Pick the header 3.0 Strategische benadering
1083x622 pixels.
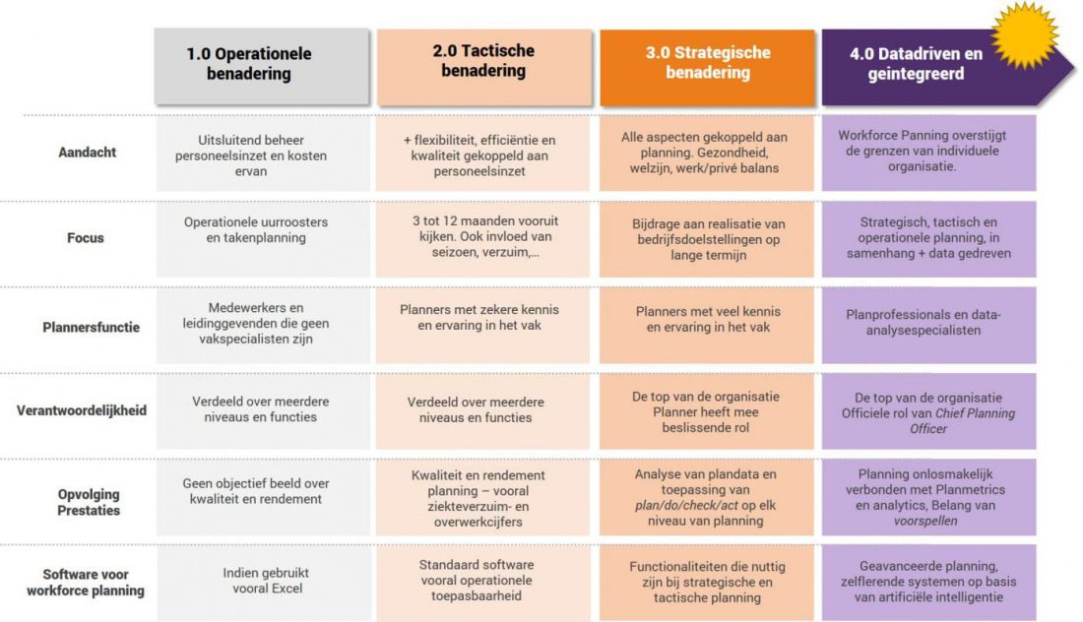[707, 63]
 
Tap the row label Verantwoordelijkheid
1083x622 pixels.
[82, 409]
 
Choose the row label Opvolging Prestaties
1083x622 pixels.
[89, 502]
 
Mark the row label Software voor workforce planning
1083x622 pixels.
[86, 583]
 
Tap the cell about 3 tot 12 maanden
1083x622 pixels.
[483, 237]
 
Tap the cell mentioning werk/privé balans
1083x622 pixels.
[705, 153]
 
